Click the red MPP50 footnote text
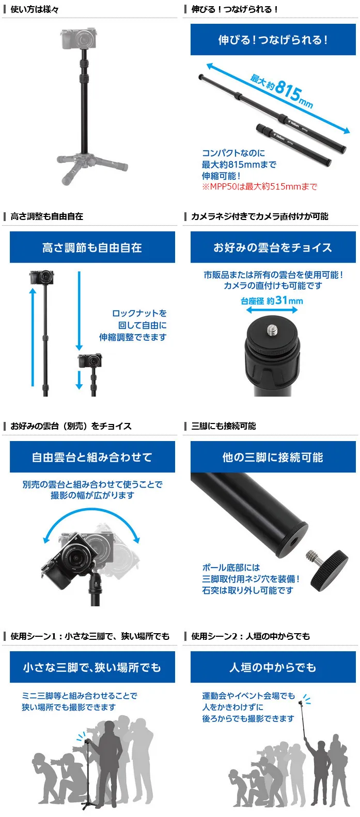tap(259, 187)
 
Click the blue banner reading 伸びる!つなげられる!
tap(273, 39)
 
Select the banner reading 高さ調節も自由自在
tap(92, 247)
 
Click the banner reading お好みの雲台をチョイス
tap(273, 247)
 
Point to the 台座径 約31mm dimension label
tap(272, 301)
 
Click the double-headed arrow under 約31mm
tap(272, 310)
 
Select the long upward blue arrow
tap(33, 337)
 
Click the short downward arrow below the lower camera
tap(79, 381)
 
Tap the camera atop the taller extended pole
tap(42, 277)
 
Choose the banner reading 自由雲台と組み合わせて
tap(92, 457)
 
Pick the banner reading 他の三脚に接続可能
tap(273, 457)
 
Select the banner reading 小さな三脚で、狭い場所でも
tap(92, 667)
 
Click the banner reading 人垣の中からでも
tap(273, 667)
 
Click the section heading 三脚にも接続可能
tap(224, 426)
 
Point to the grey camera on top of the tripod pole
tap(79, 38)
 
